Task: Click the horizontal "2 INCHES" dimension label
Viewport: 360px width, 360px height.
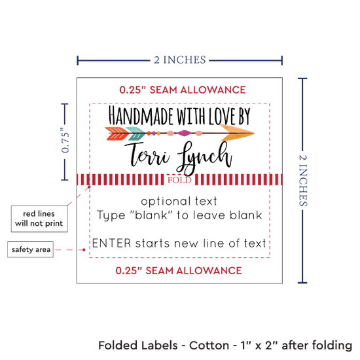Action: [180, 60]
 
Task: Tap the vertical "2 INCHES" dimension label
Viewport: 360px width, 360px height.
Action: [303, 180]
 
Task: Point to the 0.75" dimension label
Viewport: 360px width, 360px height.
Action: [65, 140]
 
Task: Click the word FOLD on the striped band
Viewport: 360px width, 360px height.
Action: [179, 180]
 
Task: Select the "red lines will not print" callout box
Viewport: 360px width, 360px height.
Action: [39, 219]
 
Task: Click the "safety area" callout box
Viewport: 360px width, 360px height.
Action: [31, 249]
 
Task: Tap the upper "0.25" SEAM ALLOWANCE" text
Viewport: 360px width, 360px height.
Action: [183, 90]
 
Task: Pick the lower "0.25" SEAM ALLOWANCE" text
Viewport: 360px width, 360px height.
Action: [179, 271]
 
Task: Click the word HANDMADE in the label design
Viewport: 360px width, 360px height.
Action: [141, 115]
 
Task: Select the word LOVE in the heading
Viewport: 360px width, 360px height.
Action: [223, 116]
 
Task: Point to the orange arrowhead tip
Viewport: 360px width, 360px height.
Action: [254, 133]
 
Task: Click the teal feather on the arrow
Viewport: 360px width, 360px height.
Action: [135, 133]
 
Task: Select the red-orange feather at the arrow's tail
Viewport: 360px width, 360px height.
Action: [117, 133]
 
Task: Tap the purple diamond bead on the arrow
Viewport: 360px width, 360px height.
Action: [184, 133]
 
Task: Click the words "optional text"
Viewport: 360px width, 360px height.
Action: [179, 201]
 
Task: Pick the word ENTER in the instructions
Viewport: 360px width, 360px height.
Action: [111, 243]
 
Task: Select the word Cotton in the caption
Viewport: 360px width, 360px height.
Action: [209, 346]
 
